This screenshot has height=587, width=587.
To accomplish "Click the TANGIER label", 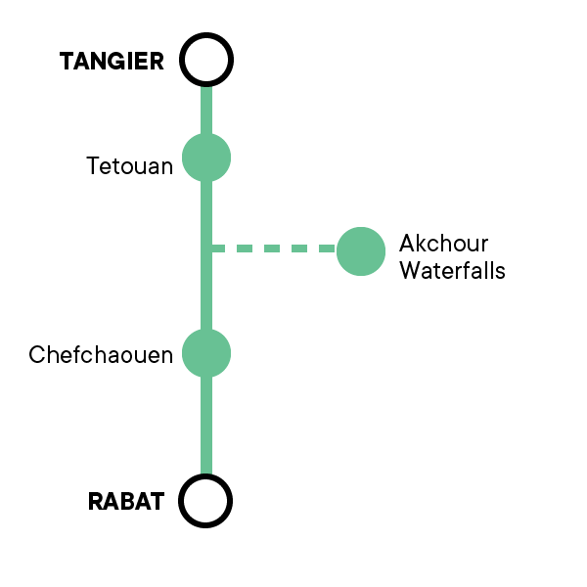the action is [112, 61].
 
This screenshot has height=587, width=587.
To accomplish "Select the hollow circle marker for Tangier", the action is [206, 60].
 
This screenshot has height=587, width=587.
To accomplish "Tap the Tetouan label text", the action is [129, 166].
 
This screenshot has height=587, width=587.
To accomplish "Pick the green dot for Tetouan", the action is [206, 158].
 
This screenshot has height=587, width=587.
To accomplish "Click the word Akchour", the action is [443, 244].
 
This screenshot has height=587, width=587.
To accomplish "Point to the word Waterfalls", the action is [453, 270].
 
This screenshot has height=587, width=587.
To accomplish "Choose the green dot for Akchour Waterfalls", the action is [361, 251].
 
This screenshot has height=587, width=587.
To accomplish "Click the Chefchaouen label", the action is [101, 354].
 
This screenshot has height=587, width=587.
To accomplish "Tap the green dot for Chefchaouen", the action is [206, 353].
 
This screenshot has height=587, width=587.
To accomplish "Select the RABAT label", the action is [126, 501].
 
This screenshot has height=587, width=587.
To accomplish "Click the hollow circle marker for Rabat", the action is [205, 501].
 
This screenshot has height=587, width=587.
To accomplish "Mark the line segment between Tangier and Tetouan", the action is [206, 110].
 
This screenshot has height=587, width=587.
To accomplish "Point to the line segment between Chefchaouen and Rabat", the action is [206, 426].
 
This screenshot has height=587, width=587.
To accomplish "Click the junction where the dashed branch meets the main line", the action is [206, 248].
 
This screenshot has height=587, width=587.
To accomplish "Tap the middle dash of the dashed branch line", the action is [272, 248].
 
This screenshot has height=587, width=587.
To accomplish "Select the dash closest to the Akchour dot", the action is [327, 248].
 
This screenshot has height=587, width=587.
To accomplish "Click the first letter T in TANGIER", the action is [68, 61].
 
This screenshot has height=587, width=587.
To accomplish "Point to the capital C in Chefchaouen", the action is [37, 354].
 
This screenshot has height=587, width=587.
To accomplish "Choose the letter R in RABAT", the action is [96, 501].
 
